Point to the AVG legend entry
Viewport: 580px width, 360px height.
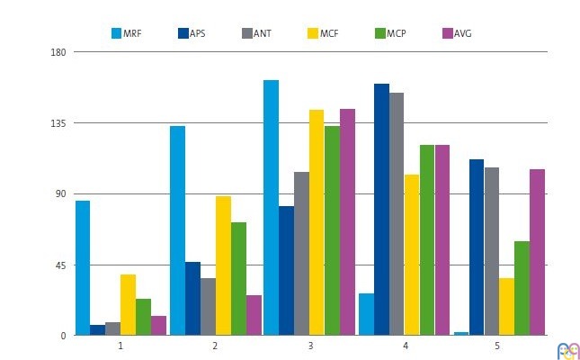click(x=455, y=33)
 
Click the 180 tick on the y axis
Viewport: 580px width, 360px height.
click(x=58, y=52)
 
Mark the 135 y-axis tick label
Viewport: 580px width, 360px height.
click(x=58, y=123)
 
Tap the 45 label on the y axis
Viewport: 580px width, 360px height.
click(x=61, y=265)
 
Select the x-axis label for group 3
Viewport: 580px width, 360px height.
click(x=310, y=346)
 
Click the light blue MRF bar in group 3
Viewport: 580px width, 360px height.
click(x=271, y=207)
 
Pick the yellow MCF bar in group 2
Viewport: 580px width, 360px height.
click(x=223, y=265)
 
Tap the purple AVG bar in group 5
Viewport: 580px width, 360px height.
click(x=537, y=252)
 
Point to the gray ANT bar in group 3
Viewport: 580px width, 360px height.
click(x=301, y=253)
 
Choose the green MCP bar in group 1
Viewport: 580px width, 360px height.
click(x=143, y=317)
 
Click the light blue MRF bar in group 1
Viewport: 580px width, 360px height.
click(x=82, y=267)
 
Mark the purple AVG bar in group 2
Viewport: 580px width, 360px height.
click(x=254, y=315)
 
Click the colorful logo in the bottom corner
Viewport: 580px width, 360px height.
click(x=568, y=350)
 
